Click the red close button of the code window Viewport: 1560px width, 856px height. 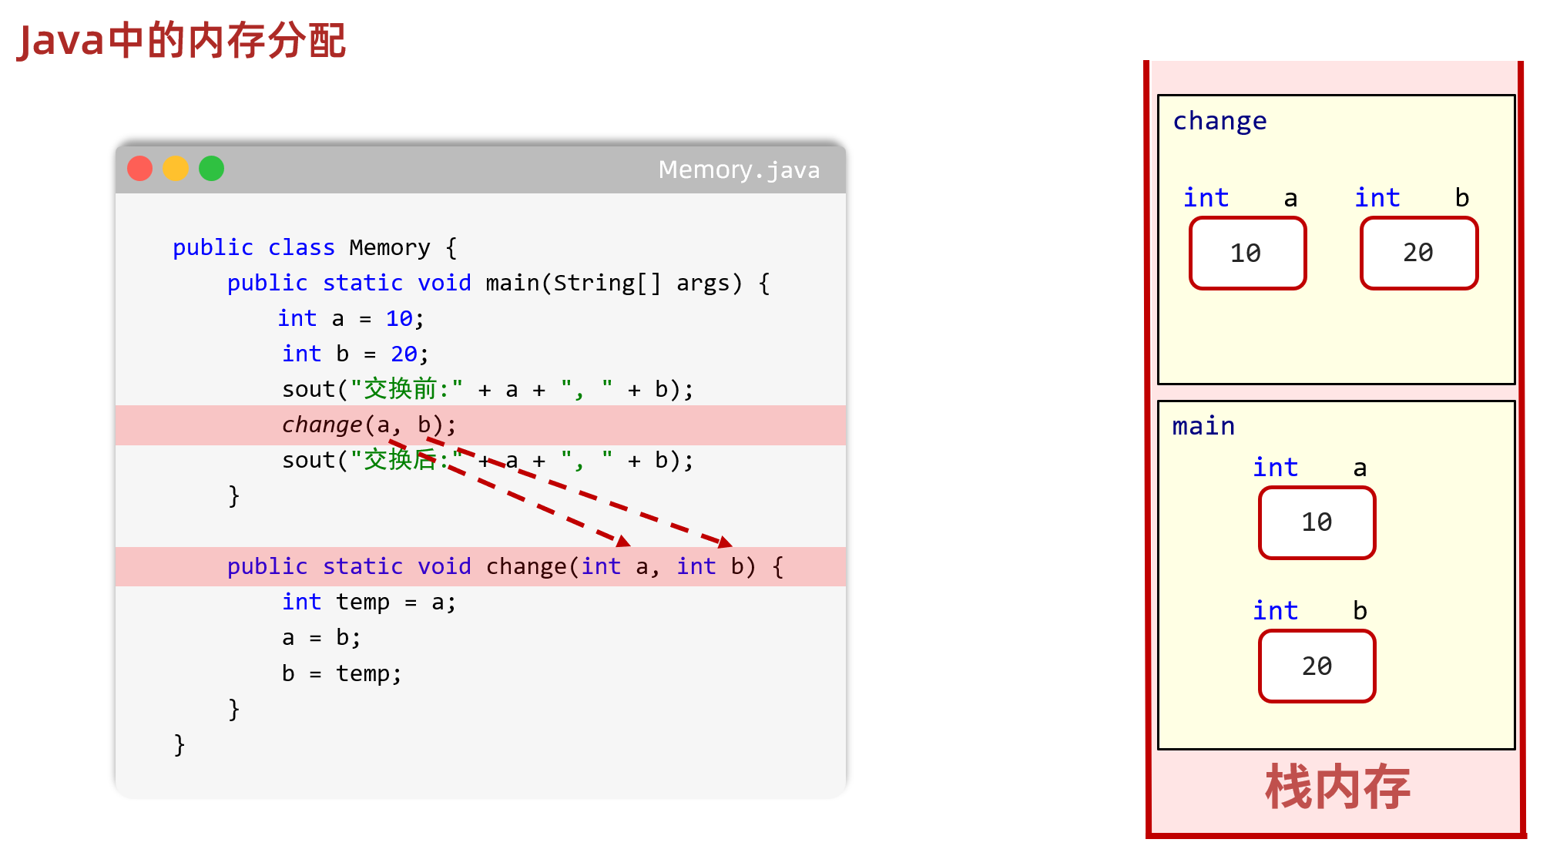tap(139, 168)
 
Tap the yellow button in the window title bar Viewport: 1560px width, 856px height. tap(176, 168)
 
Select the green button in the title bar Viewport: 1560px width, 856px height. tap(211, 168)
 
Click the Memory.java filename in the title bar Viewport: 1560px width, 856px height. tap(738, 170)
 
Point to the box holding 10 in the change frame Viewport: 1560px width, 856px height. tap(1247, 253)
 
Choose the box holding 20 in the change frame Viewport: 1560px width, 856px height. tap(1418, 253)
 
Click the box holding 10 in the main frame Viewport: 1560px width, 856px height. tap(1317, 522)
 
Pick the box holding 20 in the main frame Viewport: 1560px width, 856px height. tap(1317, 666)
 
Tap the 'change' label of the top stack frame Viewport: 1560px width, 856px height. tap(1219, 121)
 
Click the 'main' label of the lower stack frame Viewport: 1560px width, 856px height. tap(1203, 426)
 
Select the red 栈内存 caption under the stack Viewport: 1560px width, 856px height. tap(1337, 787)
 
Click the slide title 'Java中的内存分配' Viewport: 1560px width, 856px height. tap(182, 40)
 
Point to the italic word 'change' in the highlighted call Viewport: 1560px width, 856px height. tap(321, 425)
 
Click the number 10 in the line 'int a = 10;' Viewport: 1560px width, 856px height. tap(399, 318)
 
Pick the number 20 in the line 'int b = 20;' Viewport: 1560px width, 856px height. tap(404, 354)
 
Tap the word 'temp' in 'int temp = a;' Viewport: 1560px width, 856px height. tap(362, 602)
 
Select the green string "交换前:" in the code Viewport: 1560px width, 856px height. tap(406, 389)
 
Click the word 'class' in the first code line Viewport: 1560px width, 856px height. tap(301, 247)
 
